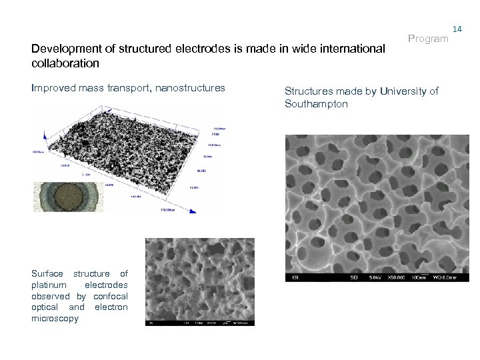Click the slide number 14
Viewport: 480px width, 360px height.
457,29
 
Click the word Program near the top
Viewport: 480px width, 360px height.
428,39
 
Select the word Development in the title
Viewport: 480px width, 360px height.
62,49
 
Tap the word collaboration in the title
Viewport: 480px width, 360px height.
65,64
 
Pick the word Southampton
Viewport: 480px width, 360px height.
316,104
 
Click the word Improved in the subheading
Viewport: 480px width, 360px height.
53,88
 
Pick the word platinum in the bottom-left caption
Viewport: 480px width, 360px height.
49,285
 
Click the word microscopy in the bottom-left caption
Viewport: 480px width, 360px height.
55,319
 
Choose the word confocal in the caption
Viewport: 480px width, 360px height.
110,296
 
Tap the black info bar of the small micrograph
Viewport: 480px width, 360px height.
200,323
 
